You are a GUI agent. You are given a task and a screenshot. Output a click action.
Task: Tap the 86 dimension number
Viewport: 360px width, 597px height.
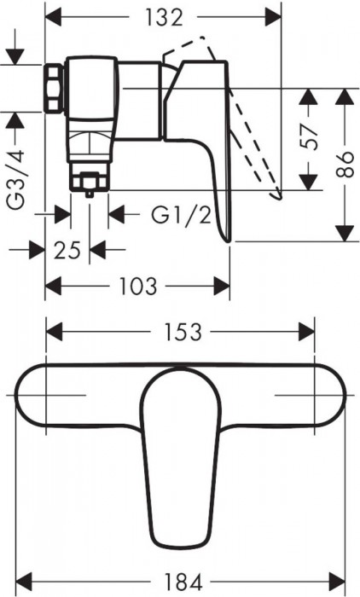pyautogui.click(x=345, y=163)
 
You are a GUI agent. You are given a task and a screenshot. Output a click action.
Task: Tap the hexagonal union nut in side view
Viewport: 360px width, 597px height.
pyautogui.click(x=55, y=87)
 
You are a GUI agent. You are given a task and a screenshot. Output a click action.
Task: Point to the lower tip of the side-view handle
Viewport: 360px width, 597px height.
pyautogui.click(x=226, y=237)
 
